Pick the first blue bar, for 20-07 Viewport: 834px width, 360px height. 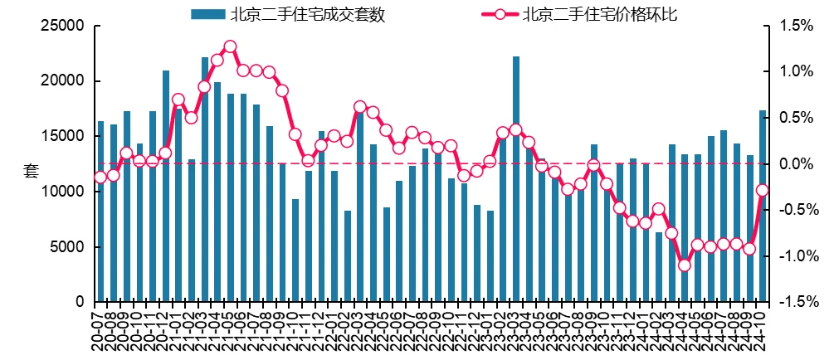click(x=100, y=211)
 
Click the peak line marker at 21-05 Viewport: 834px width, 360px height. click(x=230, y=46)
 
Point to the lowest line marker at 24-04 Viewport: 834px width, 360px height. click(x=685, y=265)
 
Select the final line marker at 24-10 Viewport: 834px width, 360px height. click(x=763, y=190)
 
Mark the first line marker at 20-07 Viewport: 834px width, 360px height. click(x=100, y=177)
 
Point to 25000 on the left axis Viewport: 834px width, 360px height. click(x=64, y=27)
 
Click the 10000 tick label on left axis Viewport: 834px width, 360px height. click(x=64, y=192)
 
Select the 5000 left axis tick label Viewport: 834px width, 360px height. click(x=68, y=247)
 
